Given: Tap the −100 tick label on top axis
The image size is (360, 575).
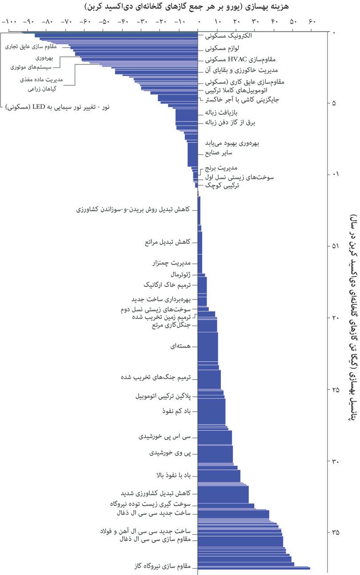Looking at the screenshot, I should click(9, 21).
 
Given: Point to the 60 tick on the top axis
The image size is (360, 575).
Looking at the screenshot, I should click(311, 21).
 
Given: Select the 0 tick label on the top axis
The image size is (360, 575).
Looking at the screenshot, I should click(199, 21).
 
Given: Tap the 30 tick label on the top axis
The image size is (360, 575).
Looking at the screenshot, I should click(255, 21).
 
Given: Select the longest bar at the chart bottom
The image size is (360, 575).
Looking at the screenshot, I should click(254, 568).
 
